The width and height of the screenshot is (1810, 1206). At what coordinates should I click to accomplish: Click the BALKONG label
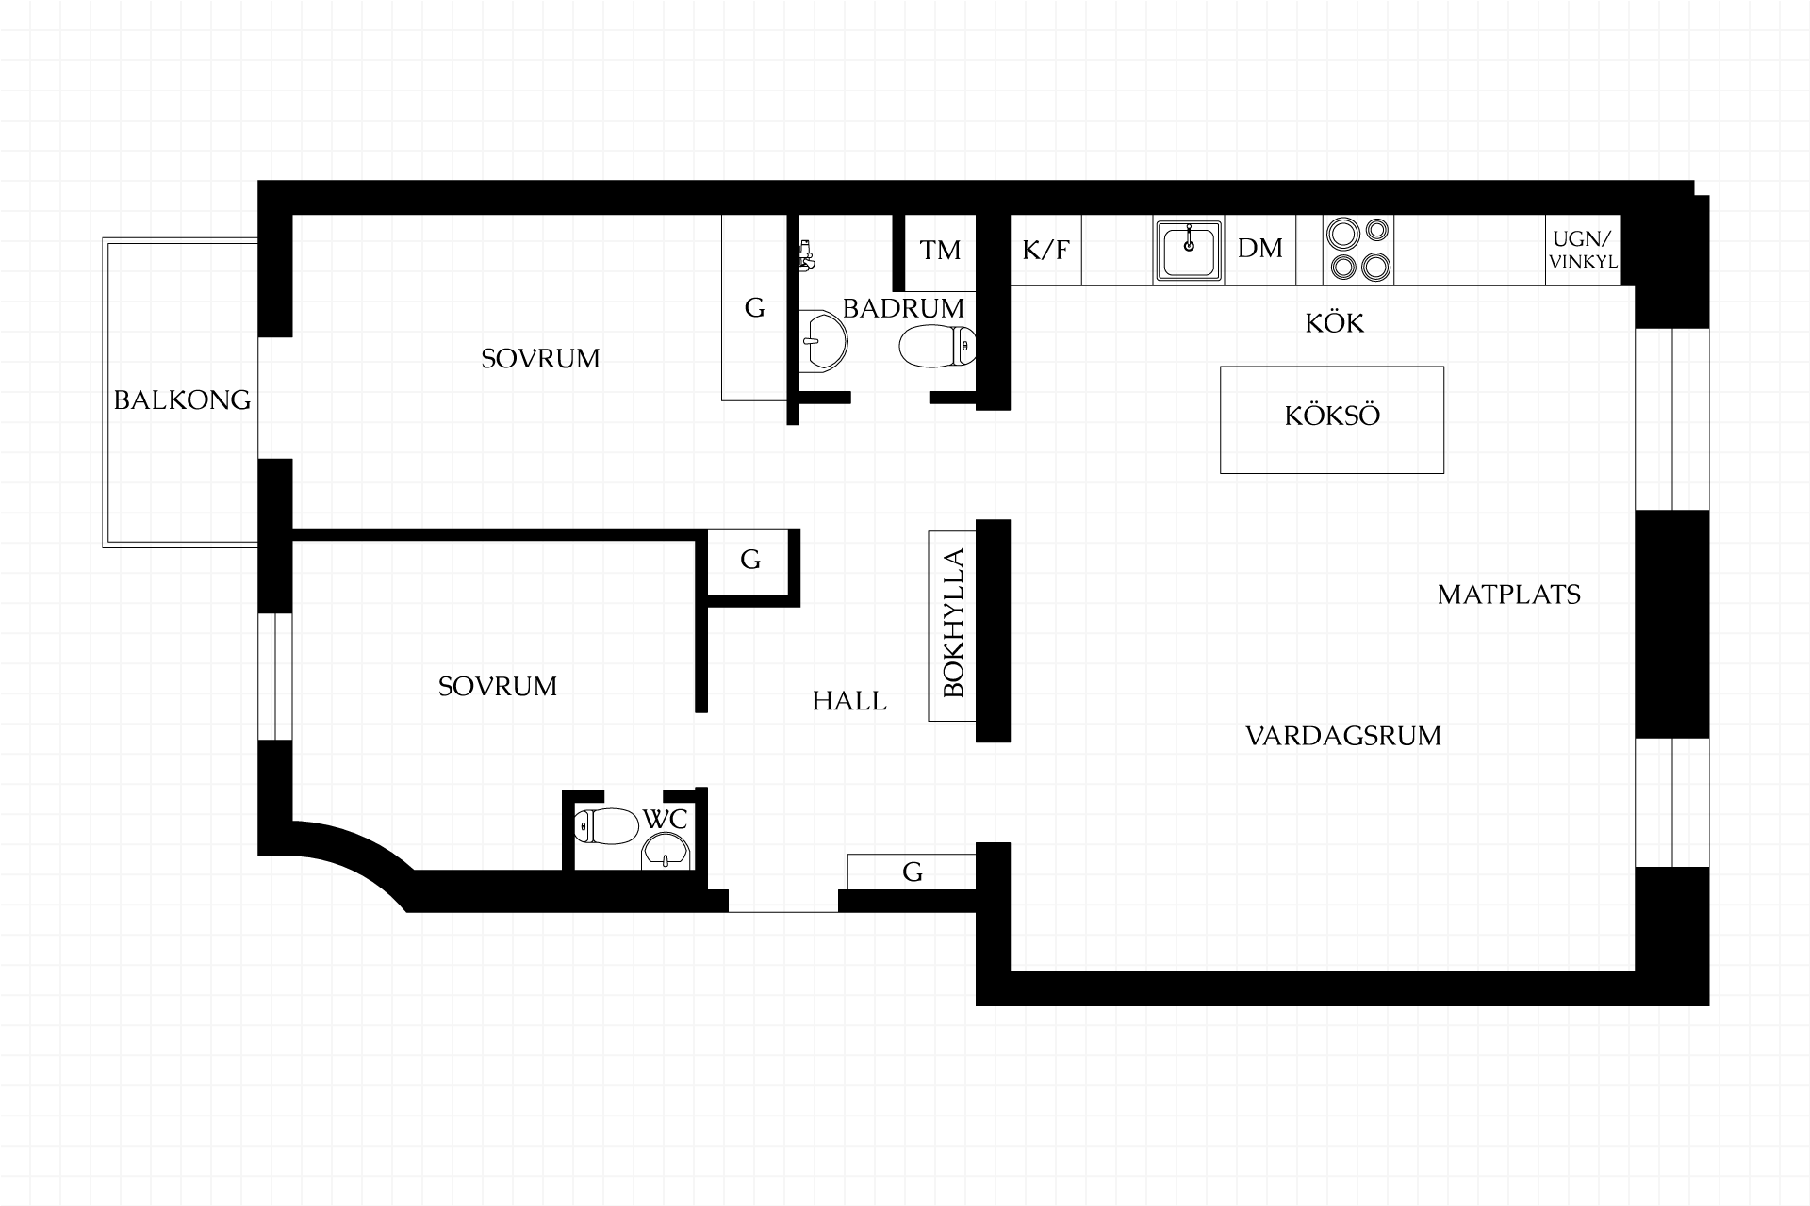tap(182, 400)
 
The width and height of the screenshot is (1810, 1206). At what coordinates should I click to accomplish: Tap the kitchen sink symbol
tap(1189, 250)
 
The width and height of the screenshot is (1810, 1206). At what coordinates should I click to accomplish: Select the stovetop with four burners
tap(1358, 250)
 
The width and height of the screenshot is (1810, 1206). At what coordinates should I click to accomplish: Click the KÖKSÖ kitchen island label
tap(1332, 416)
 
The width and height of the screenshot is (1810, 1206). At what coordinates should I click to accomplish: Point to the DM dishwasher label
tap(1260, 249)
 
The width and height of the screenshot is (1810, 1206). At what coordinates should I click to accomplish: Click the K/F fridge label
tap(1046, 250)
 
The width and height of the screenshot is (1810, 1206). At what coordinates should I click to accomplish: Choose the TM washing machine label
tap(940, 250)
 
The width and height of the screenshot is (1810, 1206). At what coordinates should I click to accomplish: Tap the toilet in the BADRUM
tap(937, 346)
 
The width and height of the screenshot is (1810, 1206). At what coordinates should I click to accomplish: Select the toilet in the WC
tap(606, 825)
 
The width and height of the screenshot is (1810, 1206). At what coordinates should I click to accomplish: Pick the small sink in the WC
tap(666, 851)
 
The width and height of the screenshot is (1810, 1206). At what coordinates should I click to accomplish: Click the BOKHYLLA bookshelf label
tap(953, 623)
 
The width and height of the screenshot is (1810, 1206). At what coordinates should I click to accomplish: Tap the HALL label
tap(849, 701)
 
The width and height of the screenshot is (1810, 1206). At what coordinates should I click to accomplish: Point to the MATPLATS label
tap(1508, 595)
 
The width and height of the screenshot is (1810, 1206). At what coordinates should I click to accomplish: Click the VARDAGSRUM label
tap(1343, 736)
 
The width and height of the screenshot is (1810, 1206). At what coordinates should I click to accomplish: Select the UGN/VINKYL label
tap(1584, 251)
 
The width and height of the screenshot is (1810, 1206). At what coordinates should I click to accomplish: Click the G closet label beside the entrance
tap(912, 872)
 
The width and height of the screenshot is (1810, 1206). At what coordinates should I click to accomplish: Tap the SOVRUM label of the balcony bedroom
tap(540, 359)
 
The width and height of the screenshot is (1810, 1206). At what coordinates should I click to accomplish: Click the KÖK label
tap(1334, 322)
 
